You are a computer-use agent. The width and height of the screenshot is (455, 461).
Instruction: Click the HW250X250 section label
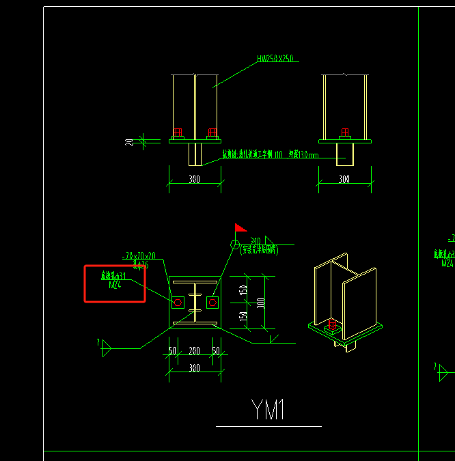(x=275, y=59)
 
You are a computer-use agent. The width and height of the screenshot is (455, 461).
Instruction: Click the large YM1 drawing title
(x=268, y=410)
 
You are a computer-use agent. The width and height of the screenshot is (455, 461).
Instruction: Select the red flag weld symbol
(x=240, y=228)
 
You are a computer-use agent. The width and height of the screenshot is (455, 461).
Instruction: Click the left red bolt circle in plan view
(x=178, y=302)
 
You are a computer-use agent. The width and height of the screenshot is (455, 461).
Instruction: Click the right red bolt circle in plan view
(x=212, y=302)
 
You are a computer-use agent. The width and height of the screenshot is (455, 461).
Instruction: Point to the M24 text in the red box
(x=115, y=285)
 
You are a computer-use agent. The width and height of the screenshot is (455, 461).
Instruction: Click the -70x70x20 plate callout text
(x=139, y=255)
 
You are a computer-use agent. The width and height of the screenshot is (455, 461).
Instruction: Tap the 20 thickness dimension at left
(x=129, y=142)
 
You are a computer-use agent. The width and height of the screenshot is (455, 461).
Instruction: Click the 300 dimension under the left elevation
(x=195, y=180)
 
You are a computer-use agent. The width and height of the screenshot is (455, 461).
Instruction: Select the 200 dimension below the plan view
(x=195, y=350)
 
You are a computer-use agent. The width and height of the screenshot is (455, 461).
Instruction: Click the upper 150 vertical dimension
(x=244, y=290)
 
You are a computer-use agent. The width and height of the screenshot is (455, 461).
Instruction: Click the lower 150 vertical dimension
(x=244, y=316)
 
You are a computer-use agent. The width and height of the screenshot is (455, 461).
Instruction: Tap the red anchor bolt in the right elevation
(x=344, y=132)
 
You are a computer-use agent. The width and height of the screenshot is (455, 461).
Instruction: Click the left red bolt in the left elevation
(x=178, y=132)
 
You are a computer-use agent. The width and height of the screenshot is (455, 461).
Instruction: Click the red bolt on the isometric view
(x=333, y=324)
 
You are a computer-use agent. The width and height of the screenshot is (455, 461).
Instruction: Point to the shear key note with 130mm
(x=270, y=155)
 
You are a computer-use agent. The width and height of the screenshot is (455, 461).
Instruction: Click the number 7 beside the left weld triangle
(x=98, y=341)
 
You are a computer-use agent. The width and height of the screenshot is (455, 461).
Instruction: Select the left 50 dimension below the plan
(x=173, y=350)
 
